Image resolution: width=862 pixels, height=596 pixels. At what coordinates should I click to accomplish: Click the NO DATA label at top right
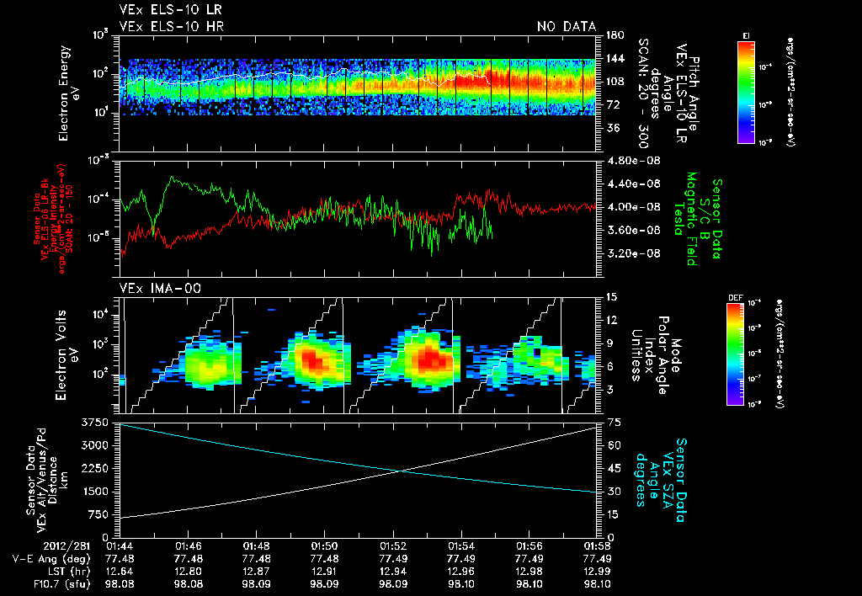coord(567,27)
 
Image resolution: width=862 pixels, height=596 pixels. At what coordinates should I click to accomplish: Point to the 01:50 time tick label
coord(324,545)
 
